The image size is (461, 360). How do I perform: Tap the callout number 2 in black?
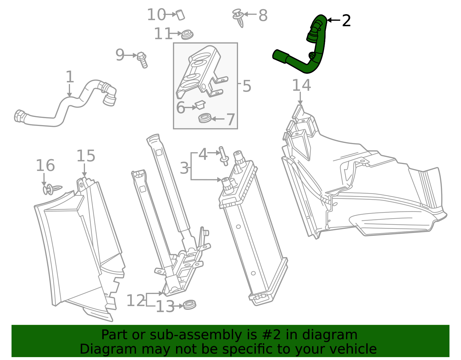tap(346, 21)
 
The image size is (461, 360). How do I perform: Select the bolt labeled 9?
tap(142, 59)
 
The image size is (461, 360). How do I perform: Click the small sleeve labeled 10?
tap(181, 15)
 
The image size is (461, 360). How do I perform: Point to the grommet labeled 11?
tap(187, 35)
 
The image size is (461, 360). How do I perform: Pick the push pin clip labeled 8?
tap(239, 17)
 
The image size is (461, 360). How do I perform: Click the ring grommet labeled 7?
tap(205, 118)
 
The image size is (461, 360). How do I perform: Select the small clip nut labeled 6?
tap(200, 105)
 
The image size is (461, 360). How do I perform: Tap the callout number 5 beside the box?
tap(247, 86)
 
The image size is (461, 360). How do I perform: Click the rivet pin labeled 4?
tap(224, 156)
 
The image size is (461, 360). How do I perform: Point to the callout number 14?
tap(301, 85)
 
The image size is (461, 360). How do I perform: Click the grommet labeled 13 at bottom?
tap(190, 304)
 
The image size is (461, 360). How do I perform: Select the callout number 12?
tap(136, 301)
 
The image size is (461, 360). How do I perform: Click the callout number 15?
tap(86, 156)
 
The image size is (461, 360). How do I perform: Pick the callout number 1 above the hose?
tap(70, 77)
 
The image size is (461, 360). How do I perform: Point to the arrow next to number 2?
tap(333, 20)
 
